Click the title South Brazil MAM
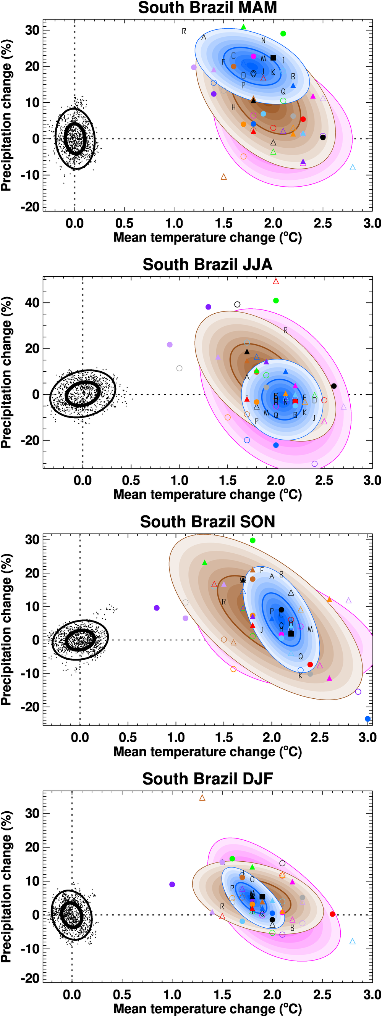[x=207, y=8]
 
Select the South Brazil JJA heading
[x=207, y=264]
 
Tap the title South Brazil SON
[x=207, y=522]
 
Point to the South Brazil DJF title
[x=207, y=779]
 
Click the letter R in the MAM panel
[x=184, y=31]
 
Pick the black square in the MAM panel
[x=273, y=58]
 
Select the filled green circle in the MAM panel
[x=283, y=34]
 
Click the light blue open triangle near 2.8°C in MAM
[x=353, y=168]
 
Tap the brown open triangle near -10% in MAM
[x=223, y=177]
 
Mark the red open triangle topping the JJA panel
[x=276, y=282]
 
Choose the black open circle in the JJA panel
[x=237, y=305]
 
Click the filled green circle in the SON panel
[x=253, y=540]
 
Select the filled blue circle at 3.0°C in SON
[x=368, y=719]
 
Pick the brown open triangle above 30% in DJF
[x=202, y=798]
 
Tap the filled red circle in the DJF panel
[x=332, y=914]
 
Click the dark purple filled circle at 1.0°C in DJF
[x=172, y=884]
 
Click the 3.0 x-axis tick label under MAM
[x=372, y=224]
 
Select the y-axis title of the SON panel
[x=6, y=629]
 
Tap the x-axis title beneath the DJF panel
[x=207, y=1008]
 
